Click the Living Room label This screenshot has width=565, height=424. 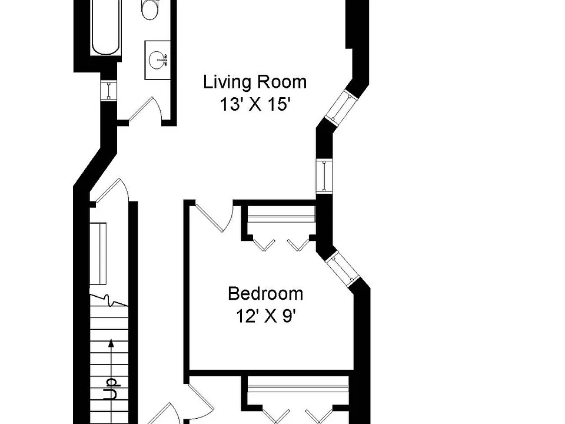[255, 82]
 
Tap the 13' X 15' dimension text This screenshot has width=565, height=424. [255, 105]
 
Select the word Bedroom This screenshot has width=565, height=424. [265, 293]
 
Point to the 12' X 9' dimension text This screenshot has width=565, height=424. [266, 317]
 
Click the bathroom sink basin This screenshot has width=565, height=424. [158, 59]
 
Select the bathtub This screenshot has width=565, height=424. [105, 27]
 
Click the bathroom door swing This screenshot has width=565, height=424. [145, 108]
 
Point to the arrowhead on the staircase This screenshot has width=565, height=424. [111, 343]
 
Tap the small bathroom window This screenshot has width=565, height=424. [108, 90]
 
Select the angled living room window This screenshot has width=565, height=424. [341, 107]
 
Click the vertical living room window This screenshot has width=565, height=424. [324, 176]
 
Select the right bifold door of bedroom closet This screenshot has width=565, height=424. [298, 244]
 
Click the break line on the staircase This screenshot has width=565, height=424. [108, 300]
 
